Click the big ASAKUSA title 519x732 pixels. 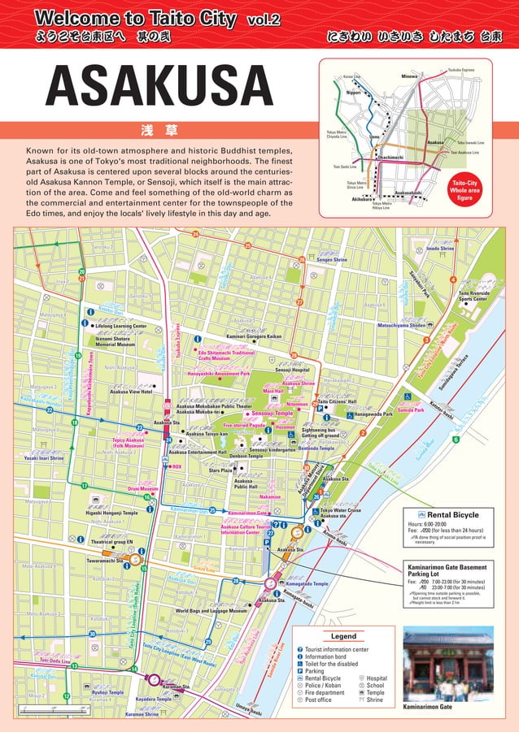160,86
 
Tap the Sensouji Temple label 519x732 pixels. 273,414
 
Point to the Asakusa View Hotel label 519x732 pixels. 131,392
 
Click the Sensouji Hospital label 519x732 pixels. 292,370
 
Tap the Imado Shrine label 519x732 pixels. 440,248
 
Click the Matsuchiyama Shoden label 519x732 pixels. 401,325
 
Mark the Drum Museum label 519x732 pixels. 142,489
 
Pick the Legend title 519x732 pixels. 343,635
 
